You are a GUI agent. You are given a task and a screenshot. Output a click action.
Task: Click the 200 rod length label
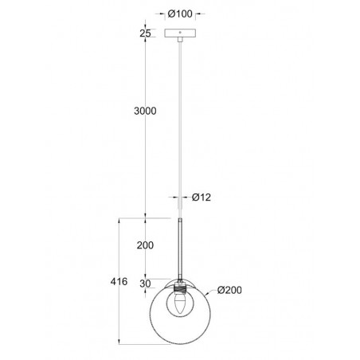(144, 245)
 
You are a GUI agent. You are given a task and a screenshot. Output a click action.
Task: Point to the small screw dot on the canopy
(181, 34)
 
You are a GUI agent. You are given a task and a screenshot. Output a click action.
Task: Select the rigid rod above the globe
(182, 247)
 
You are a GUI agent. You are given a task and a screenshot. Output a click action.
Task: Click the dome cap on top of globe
(182, 281)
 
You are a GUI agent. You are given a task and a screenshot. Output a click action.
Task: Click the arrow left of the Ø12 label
(174, 197)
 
